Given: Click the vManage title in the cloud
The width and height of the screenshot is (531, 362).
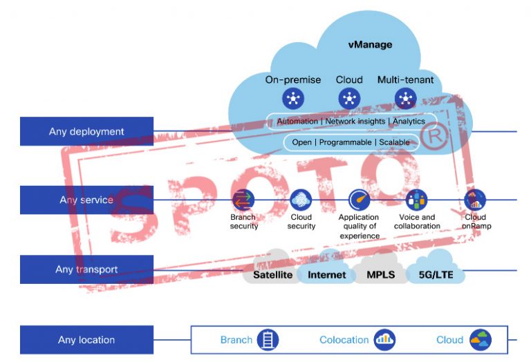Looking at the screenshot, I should [x=369, y=45].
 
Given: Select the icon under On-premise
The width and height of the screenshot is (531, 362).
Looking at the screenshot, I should [x=293, y=99].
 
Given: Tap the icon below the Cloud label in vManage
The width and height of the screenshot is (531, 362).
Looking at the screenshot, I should [x=349, y=99].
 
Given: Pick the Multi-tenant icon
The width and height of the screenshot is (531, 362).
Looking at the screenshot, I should [x=405, y=99].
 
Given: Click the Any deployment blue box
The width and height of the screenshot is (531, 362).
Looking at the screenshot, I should [x=86, y=131].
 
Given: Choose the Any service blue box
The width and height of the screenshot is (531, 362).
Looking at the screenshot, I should [x=86, y=200].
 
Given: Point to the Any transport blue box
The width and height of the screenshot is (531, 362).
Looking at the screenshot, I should [x=86, y=269].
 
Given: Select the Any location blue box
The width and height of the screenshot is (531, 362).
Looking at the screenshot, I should [x=86, y=340].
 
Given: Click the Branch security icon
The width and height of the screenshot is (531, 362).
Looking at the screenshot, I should [x=243, y=200].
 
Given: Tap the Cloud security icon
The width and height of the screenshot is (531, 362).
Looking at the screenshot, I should [x=301, y=200].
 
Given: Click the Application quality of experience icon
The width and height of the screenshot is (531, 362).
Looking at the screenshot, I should [x=360, y=200].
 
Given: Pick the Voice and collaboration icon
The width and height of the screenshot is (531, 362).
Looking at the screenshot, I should [x=416, y=200].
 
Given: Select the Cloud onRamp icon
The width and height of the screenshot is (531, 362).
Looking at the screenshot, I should [x=475, y=200].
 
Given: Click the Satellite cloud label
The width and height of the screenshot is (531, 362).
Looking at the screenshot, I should [x=272, y=275].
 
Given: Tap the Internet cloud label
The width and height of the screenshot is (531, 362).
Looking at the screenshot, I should [x=326, y=275].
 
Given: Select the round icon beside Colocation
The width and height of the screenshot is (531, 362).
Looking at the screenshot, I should [x=384, y=340].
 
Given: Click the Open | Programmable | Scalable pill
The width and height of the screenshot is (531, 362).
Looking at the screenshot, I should [x=351, y=142].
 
